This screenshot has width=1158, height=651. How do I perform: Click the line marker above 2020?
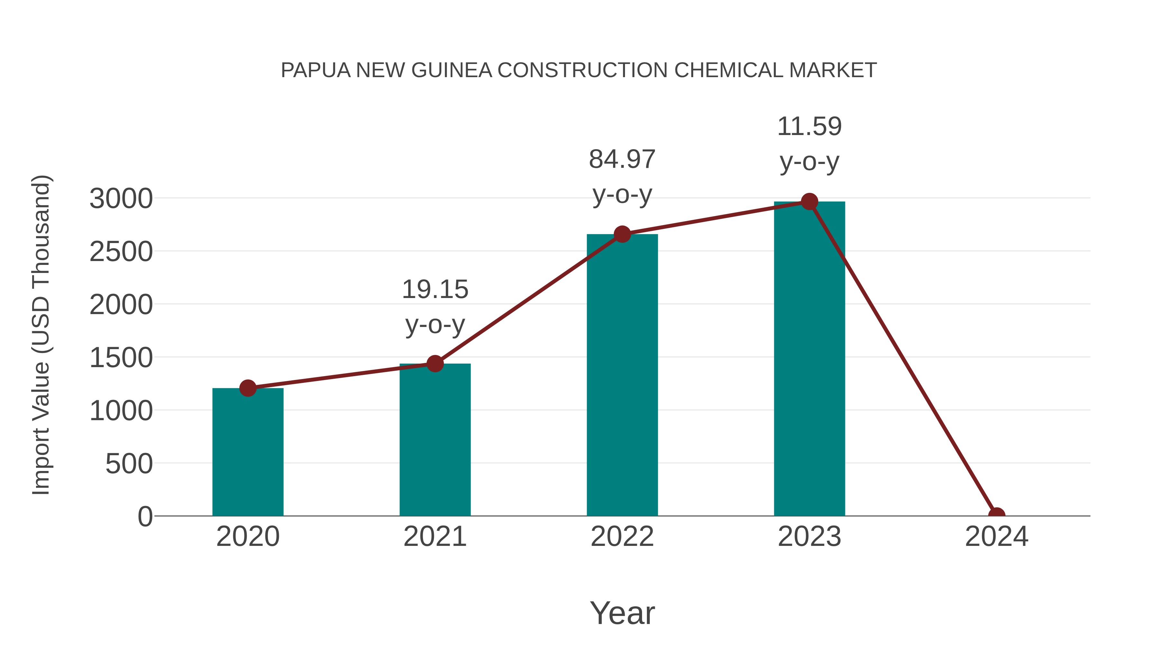[248, 388]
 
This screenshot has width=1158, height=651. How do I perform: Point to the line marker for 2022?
[622, 234]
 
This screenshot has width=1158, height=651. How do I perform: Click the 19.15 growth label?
[435, 289]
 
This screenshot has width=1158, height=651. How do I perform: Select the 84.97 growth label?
[622, 159]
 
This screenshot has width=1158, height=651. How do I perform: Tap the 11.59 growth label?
[809, 126]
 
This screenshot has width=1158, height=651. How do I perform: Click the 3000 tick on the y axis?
[121, 199]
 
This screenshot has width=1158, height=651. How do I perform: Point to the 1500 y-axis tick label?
[121, 358]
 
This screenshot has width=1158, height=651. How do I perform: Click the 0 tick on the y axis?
[145, 517]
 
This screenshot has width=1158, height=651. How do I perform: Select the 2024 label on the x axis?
[997, 537]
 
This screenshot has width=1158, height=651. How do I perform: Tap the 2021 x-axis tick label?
[435, 537]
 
